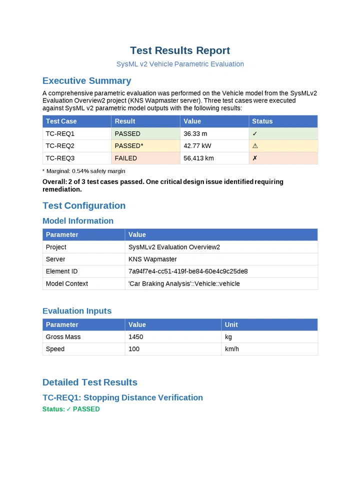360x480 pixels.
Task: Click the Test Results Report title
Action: click(x=180, y=50)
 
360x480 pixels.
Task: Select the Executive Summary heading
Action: click(x=86, y=80)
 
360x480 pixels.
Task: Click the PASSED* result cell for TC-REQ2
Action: click(x=129, y=146)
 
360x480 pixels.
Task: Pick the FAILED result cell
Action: click(x=125, y=158)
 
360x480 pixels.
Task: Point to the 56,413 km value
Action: click(x=198, y=158)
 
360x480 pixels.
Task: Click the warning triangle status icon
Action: click(x=255, y=146)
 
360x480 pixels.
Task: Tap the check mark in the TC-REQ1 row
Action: click(x=255, y=134)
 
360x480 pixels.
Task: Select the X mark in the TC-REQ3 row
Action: click(x=255, y=158)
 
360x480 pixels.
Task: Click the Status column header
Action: click(x=262, y=121)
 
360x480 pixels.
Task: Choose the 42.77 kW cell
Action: click(x=197, y=146)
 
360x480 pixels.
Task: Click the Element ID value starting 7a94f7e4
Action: click(x=188, y=271)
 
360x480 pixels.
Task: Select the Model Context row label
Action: click(x=66, y=283)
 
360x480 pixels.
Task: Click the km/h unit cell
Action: click(x=232, y=349)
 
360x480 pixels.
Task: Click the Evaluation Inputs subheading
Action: click(x=77, y=311)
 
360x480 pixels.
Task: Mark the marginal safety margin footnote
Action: click(x=83, y=171)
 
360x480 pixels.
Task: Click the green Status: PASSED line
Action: click(x=71, y=409)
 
